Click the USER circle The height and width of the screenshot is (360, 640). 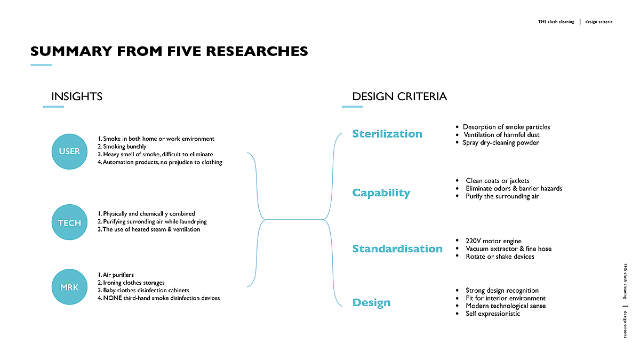click(69, 151)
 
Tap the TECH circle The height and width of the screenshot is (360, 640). click(69, 222)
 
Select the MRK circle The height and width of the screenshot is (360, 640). click(69, 287)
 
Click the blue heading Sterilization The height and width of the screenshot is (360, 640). click(387, 134)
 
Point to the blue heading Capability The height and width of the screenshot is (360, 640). click(381, 193)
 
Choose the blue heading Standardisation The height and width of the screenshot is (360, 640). click(397, 249)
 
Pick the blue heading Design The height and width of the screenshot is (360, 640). click(371, 302)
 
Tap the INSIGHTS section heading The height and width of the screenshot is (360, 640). click(77, 97)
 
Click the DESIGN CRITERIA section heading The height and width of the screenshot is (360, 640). click(399, 97)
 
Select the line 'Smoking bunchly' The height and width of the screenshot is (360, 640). click(122, 147)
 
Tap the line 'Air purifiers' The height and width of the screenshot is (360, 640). click(116, 275)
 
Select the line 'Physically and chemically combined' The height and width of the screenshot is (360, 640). click(146, 214)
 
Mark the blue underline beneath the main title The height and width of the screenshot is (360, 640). click(41, 65)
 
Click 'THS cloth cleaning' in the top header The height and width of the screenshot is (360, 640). click(556, 22)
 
